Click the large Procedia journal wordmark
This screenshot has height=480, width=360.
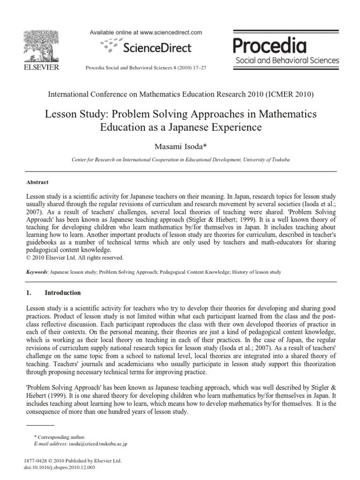(270, 46)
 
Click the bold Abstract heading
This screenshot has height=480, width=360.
(37, 182)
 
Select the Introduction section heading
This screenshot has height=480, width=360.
(63, 293)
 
